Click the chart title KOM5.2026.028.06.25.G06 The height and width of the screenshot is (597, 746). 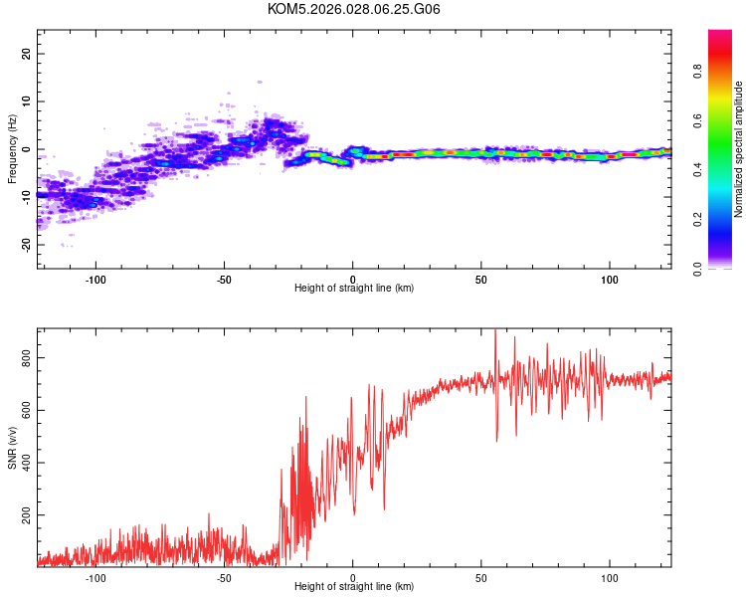tap(354, 9)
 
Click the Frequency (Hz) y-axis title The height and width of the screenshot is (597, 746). tap(12, 149)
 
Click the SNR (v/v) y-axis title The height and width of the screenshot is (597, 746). tap(12, 448)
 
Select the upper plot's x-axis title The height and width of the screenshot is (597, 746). tap(354, 288)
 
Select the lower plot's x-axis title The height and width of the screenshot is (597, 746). tap(354, 586)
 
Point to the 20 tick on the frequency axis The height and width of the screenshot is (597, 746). tap(27, 54)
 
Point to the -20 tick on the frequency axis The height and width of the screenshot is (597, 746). tap(27, 245)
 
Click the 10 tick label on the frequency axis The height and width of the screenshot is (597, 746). tap(27, 101)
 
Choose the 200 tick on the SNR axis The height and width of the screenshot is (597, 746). tap(27, 514)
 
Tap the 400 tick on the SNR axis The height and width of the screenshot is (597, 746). tap(27, 462)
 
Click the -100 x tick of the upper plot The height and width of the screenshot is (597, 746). tap(96, 279)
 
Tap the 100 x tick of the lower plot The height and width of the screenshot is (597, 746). tap(610, 577)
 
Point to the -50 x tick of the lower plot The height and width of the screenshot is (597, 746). tap(225, 577)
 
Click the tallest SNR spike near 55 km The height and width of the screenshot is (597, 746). tap(495, 331)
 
